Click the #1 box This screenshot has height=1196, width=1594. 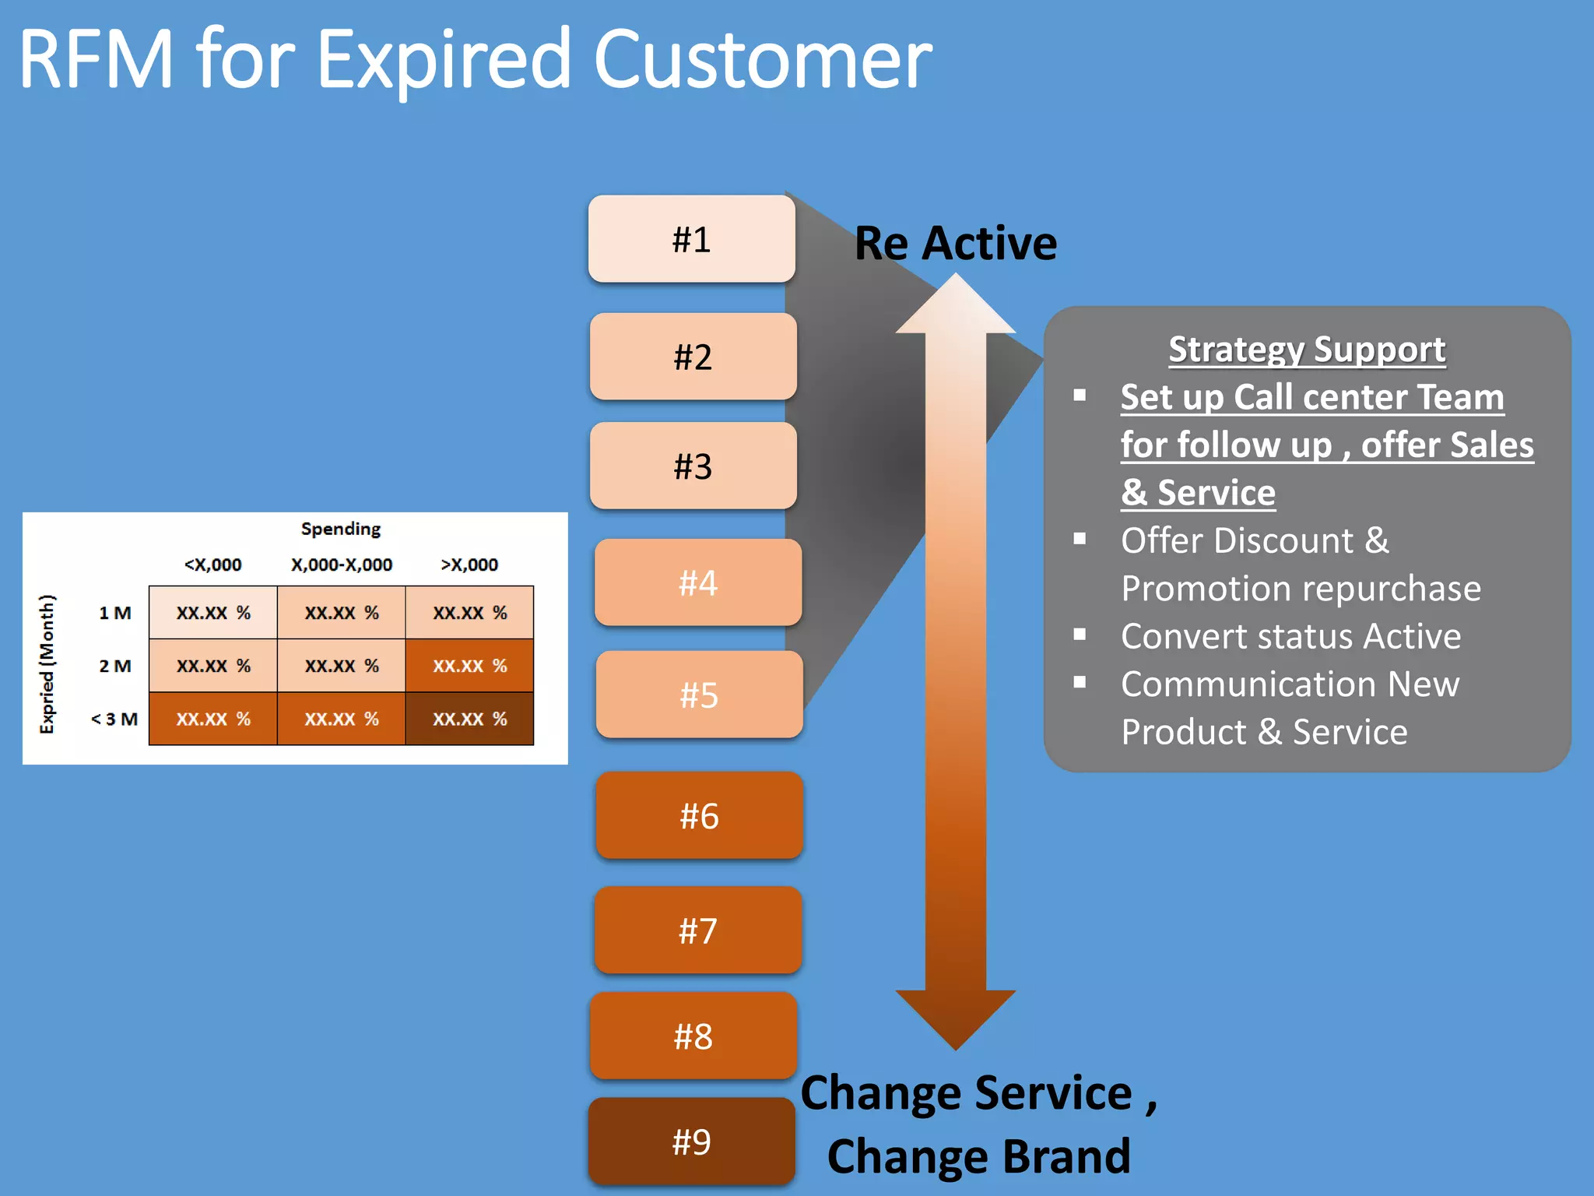pos(691,239)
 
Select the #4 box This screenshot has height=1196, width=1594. pos(697,582)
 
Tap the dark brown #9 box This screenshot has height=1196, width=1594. pos(691,1141)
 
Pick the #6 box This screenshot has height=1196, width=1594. pos(699,815)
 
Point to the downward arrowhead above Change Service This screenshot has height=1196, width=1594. pos(956,1016)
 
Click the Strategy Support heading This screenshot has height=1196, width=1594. pos(1307,350)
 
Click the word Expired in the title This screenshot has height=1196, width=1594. pos(444,59)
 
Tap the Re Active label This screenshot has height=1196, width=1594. pos(956,243)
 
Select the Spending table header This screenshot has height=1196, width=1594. pos(341,529)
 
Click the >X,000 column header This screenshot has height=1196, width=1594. pos(469,565)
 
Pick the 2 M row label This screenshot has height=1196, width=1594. pos(114,666)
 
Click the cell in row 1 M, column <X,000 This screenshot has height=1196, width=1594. pos(213,613)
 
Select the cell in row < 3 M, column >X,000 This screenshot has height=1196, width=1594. pos(469,719)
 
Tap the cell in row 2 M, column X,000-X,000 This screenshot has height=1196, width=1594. pos(341,666)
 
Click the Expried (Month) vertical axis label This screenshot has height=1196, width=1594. pos(47,663)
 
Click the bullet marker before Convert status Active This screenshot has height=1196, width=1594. pos(1080,635)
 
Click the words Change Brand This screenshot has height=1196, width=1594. pos(978,1156)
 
